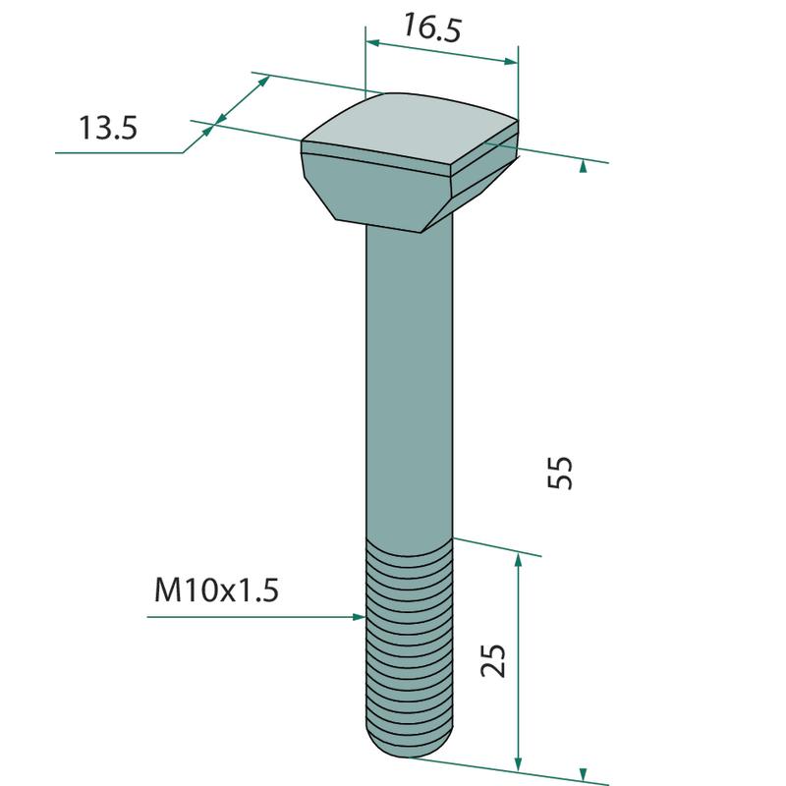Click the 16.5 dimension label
point(431,28)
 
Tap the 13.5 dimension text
point(108,128)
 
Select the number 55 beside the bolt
point(559,472)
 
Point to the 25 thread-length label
point(493,660)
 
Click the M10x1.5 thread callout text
point(216,589)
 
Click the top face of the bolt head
point(411,130)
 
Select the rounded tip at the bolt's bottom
point(410,746)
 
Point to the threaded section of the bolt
point(410,646)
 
